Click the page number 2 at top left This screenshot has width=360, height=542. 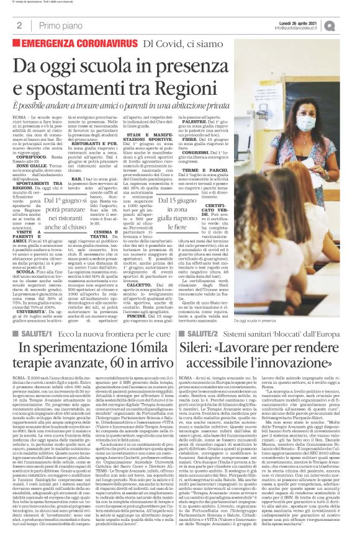(19, 25)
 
